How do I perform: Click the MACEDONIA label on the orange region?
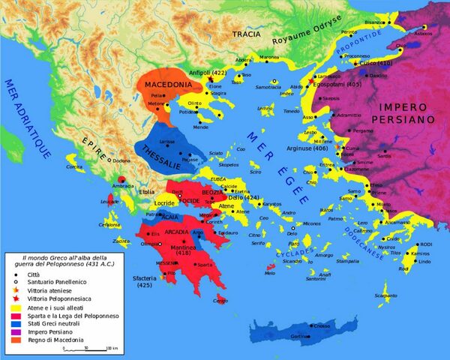(x=167, y=84)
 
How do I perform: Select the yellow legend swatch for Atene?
(x=14, y=305)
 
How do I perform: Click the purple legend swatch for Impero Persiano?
(x=14, y=332)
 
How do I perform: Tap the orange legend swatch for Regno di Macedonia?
(x=14, y=340)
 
